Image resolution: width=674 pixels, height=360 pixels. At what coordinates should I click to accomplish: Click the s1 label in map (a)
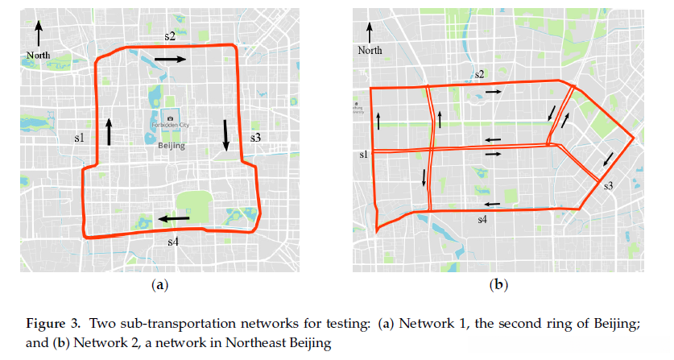pyautogui.click(x=79, y=139)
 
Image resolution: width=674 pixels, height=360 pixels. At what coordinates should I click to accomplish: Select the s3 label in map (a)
pyautogui.click(x=255, y=138)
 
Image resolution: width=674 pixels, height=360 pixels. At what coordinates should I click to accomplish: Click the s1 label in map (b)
pyautogui.click(x=363, y=153)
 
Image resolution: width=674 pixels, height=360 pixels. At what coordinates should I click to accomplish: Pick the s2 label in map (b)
pyautogui.click(x=479, y=75)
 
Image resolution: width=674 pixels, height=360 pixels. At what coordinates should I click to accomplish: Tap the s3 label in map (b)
pyautogui.click(x=609, y=186)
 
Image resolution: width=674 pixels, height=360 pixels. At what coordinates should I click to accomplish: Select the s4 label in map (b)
pyautogui.click(x=482, y=218)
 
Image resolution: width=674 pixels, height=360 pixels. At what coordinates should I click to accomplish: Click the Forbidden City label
pyautogui.click(x=172, y=126)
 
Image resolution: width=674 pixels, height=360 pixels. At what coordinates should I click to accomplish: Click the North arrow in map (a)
pyautogui.click(x=38, y=35)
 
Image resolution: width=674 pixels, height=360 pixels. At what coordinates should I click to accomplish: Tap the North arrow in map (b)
pyautogui.click(x=370, y=32)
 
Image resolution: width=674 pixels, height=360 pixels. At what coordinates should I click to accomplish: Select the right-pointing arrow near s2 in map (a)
pyautogui.click(x=170, y=60)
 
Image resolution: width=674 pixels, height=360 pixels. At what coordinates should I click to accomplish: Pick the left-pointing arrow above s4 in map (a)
pyautogui.click(x=174, y=217)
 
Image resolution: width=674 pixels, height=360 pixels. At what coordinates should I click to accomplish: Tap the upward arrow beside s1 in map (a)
pyautogui.click(x=108, y=130)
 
